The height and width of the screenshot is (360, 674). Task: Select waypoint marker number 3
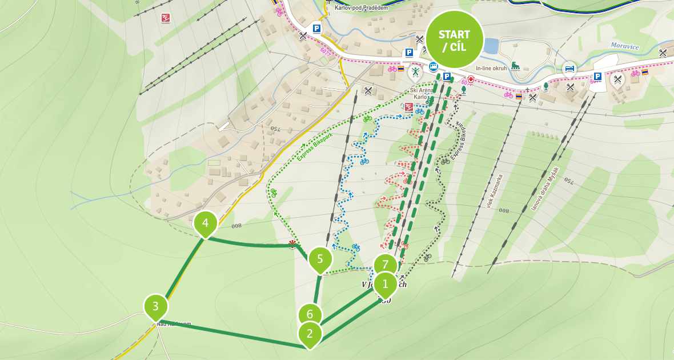point(155,306)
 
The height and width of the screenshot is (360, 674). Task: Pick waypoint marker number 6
point(310,314)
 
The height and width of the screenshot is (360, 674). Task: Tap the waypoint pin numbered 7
point(386,265)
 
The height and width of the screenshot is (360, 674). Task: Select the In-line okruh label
point(492,67)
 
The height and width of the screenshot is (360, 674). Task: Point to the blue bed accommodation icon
point(569,68)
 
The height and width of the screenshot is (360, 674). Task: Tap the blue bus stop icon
point(434,66)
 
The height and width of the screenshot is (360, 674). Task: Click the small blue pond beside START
point(490,46)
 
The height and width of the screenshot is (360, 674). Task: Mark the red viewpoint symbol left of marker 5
point(293,245)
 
